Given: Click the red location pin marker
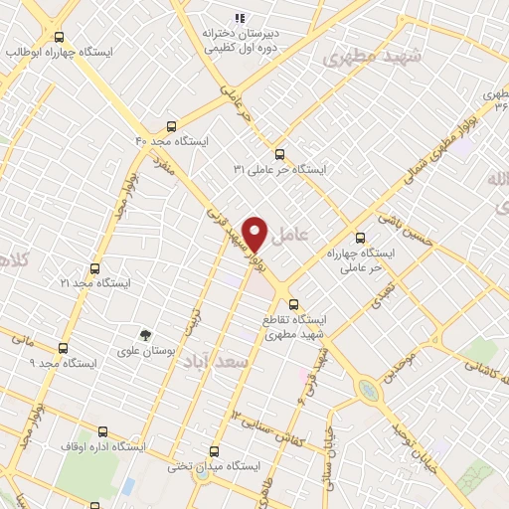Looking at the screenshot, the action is tap(255, 235).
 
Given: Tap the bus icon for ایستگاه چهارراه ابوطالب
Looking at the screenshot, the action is tap(60, 37).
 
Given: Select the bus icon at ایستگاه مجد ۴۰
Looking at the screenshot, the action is tap(172, 126).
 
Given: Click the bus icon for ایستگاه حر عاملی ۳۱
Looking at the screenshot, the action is tap(279, 154).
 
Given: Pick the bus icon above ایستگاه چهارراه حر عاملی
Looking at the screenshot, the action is tap(360, 238).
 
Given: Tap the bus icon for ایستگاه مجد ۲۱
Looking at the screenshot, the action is tap(94, 268).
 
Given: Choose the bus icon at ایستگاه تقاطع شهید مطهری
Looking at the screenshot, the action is tap(292, 303).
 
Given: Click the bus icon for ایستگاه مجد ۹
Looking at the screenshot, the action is tap(64, 348).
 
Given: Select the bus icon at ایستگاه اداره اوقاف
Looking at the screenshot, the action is tap(102, 431).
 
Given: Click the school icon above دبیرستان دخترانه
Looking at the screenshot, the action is tap(239, 17).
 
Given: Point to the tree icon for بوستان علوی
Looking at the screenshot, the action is tap(146, 335).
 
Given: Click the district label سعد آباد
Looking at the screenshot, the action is tap(212, 364).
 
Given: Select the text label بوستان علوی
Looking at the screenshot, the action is tap(146, 351).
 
